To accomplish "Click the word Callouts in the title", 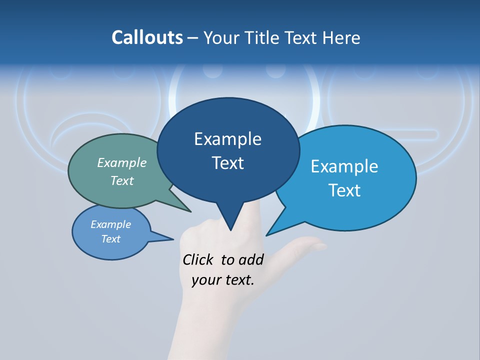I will pos(147,37).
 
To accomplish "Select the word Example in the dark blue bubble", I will pos(227,139).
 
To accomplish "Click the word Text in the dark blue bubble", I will pos(227,163).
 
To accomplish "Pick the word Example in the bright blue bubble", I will pos(344,166).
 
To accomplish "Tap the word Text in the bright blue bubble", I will pos(344,190).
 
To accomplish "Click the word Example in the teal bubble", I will pos(122,162).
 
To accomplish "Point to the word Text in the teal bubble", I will pos(122,180).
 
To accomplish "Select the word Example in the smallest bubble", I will pos(111,224).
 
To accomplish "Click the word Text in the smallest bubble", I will pos(111,239).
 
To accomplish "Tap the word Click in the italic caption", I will pos(198,259).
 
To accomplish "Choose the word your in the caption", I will pos(206,280).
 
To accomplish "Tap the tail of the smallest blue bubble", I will pos(170,239).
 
